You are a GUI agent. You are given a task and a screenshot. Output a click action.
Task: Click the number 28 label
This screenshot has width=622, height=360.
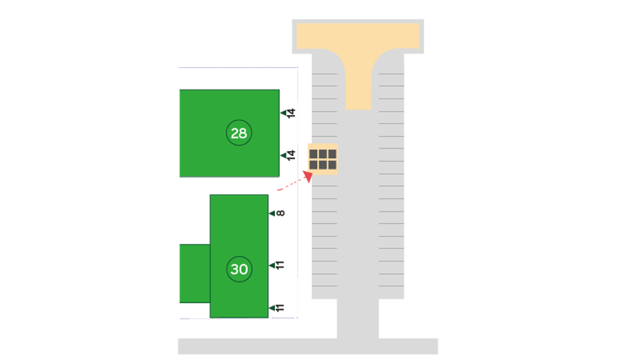(x=239, y=133)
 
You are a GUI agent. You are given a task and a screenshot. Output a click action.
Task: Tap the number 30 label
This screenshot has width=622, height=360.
(x=239, y=269)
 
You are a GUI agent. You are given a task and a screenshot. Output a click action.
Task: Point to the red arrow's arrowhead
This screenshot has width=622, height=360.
(x=306, y=175)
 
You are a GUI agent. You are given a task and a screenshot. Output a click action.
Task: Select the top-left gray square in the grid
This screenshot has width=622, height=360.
(x=313, y=154)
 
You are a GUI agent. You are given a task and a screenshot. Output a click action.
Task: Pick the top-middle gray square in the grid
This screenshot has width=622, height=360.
(x=323, y=154)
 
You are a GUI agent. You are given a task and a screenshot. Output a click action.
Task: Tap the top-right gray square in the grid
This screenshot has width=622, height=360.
(x=333, y=154)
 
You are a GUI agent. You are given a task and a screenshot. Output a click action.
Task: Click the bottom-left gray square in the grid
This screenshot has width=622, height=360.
(x=313, y=165)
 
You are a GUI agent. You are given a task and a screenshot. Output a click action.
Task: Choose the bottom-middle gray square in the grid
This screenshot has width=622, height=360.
(x=323, y=165)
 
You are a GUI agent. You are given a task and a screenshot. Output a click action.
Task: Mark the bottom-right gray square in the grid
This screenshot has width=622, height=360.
(x=333, y=165)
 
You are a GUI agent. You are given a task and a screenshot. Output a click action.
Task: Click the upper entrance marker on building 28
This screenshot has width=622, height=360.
(x=288, y=112)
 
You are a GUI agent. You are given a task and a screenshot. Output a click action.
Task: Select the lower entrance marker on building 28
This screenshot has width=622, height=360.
(x=288, y=155)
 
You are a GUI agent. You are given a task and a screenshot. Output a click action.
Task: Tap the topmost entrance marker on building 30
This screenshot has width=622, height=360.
(x=277, y=214)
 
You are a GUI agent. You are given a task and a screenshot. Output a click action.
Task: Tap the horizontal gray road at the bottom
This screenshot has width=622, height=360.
(x=308, y=346)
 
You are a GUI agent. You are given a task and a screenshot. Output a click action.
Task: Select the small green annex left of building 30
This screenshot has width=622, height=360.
(x=194, y=273)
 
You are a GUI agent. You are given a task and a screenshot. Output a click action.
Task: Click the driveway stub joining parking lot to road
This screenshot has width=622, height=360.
(x=358, y=318)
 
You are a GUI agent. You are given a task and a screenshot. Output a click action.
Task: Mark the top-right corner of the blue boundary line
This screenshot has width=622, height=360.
(x=297, y=67)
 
